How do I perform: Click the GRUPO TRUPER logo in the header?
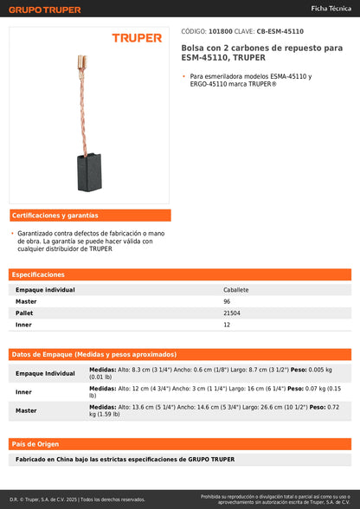(46, 10)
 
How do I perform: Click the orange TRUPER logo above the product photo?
(136, 38)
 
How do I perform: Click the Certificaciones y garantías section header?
(55, 215)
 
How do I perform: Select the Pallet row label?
(24, 312)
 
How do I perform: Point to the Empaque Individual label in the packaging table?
(45, 373)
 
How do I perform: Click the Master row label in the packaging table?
(26, 410)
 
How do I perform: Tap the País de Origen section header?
(35, 443)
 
